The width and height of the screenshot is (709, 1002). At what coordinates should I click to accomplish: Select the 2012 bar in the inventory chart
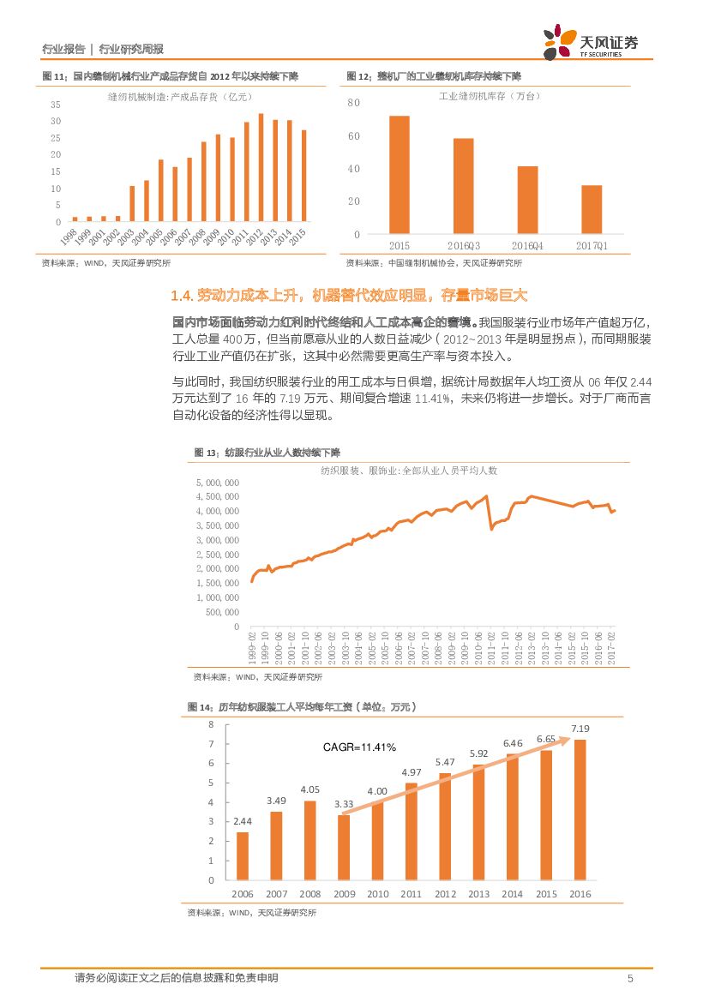click(261, 168)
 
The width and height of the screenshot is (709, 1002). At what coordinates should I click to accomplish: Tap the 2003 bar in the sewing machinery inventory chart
click(132, 203)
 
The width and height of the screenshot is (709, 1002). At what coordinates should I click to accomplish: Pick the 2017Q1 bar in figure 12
click(592, 209)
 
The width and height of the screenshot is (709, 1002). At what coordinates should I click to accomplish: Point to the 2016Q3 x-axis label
click(464, 245)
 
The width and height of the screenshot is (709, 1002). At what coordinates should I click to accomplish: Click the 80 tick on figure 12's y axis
click(353, 104)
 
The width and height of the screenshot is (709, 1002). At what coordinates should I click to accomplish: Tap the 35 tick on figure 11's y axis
click(56, 105)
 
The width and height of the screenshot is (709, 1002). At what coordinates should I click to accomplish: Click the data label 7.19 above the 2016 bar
click(580, 729)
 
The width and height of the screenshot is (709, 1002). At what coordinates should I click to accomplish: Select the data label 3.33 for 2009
click(344, 804)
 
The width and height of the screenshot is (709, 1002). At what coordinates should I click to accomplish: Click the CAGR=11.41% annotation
click(359, 747)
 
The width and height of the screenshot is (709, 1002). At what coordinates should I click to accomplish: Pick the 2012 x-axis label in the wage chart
click(445, 894)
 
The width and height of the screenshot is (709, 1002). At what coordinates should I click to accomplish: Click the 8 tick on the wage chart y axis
click(211, 725)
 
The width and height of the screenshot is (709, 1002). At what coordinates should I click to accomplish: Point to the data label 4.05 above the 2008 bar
click(310, 789)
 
